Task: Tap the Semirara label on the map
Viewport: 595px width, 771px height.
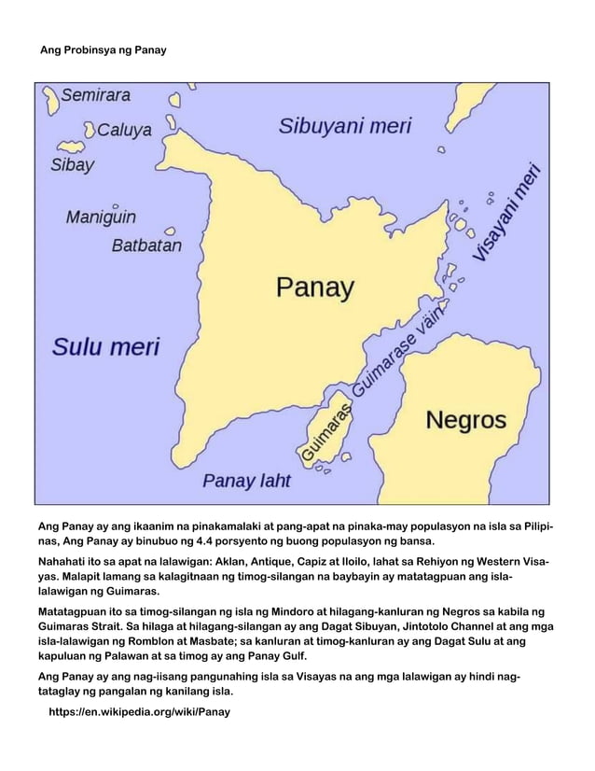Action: [96, 95]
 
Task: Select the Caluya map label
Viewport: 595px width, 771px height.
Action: [124, 131]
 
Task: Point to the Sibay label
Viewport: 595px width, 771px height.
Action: [72, 166]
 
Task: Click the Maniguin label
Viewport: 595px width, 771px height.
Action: [101, 217]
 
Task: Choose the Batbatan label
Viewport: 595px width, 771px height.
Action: [146, 246]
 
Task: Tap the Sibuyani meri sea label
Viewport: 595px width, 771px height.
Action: [345, 127]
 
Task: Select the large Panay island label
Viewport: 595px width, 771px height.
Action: [314, 287]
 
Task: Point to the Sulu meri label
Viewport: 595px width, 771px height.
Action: [105, 348]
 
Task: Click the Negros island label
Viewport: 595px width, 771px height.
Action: [465, 419]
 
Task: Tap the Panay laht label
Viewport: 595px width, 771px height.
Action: [247, 482]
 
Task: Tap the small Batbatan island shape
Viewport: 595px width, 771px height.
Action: [171, 231]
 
